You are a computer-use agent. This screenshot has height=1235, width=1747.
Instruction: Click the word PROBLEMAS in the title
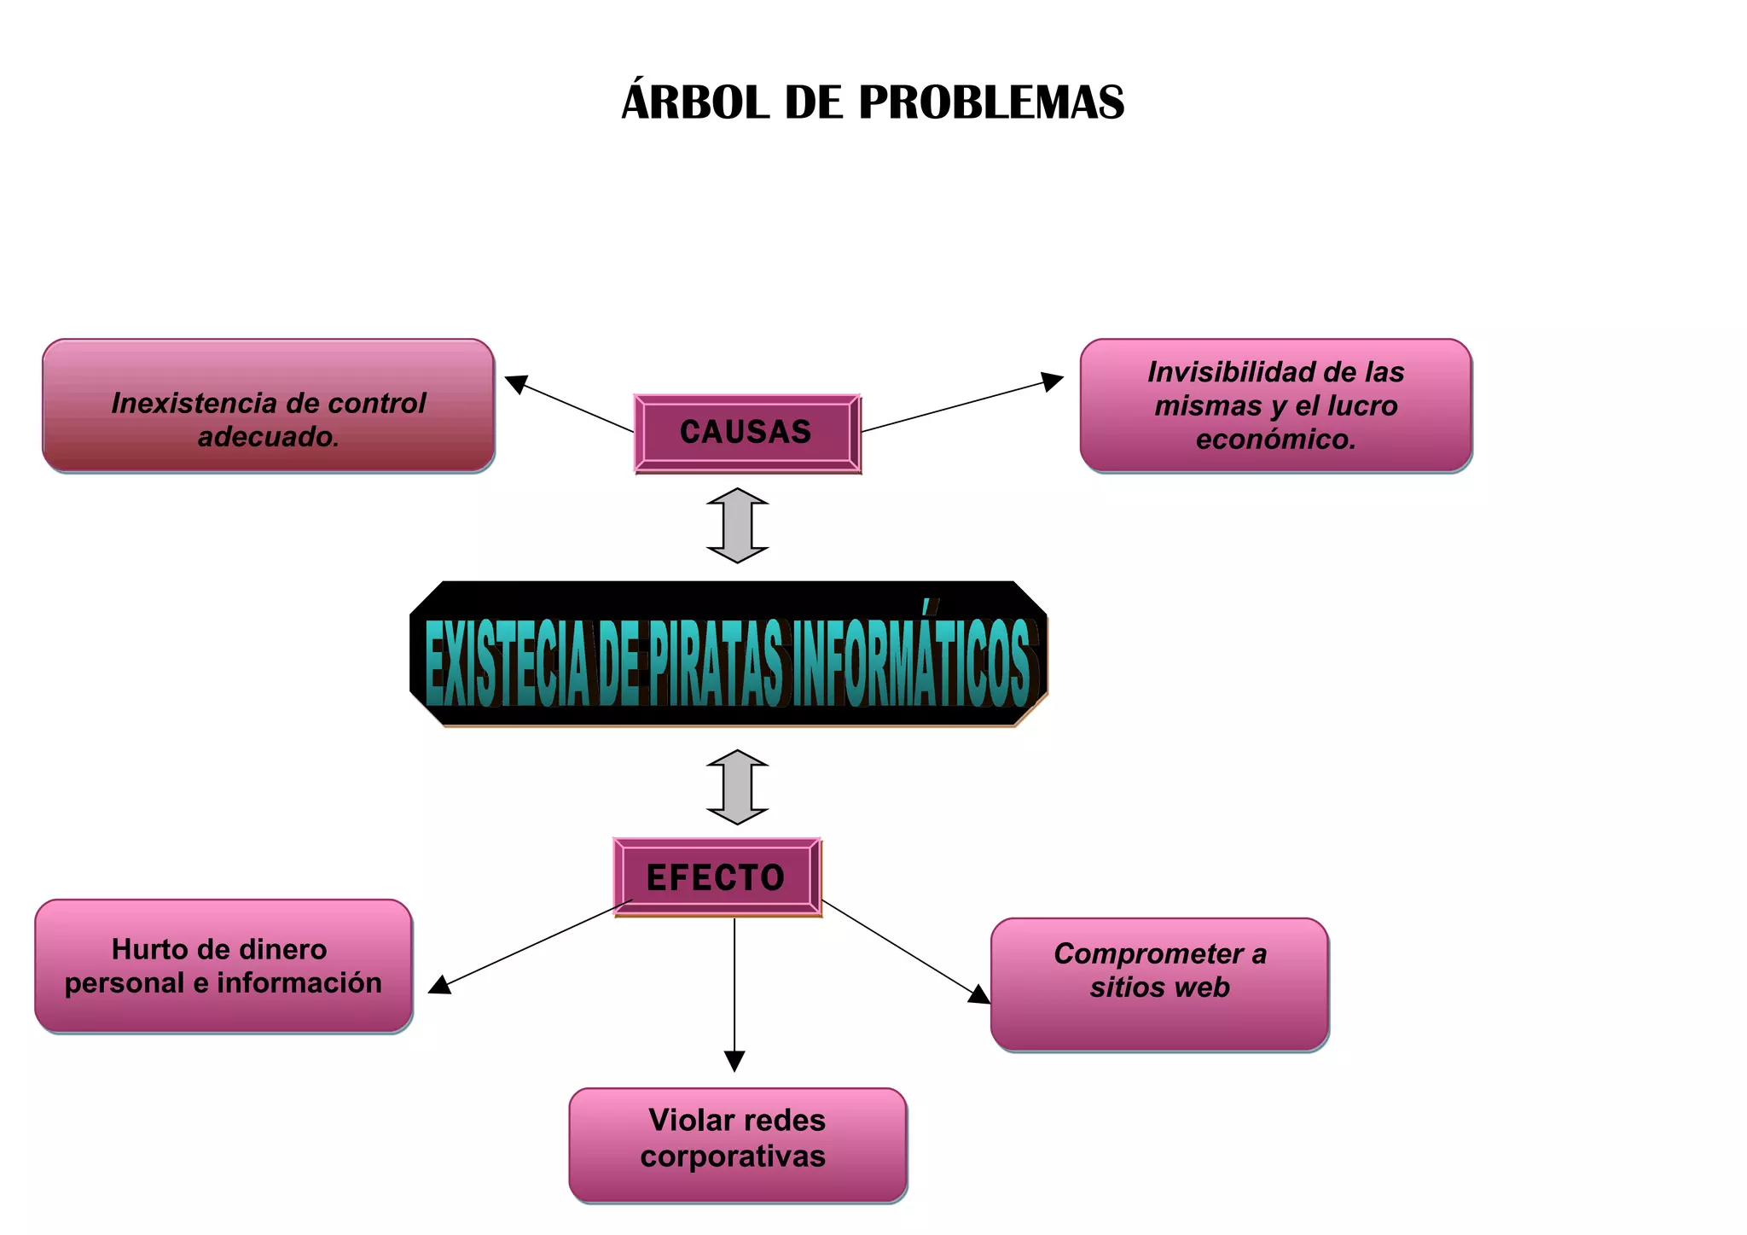[x=991, y=103]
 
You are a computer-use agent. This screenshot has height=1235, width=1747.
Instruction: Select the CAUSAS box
[x=746, y=433]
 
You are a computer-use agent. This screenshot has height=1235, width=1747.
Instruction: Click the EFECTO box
[x=717, y=877]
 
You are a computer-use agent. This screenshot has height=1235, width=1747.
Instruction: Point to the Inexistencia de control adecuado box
[x=269, y=405]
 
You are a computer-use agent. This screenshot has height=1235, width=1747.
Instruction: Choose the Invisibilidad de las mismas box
[x=1275, y=405]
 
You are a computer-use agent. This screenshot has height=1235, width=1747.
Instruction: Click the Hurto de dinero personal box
[x=223, y=966]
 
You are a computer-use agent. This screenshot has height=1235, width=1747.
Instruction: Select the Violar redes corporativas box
[x=737, y=1145]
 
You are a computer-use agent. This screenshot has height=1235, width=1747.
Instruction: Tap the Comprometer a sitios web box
[x=1159, y=984]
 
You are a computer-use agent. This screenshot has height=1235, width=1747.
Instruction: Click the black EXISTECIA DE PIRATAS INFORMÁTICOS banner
[x=728, y=655]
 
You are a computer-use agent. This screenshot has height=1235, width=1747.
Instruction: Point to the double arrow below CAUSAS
[x=738, y=526]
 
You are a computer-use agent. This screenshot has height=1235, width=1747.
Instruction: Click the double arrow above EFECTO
[x=738, y=787]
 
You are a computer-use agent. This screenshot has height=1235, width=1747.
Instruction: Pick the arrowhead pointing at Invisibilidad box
[x=1053, y=381]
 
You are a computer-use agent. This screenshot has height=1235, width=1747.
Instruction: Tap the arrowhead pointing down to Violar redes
[x=734, y=1061]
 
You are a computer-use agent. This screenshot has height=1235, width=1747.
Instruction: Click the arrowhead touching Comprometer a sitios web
[x=979, y=994]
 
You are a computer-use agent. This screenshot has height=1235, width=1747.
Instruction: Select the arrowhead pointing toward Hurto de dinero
[x=439, y=986]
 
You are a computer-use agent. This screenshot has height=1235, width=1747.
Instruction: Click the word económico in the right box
[x=1275, y=440]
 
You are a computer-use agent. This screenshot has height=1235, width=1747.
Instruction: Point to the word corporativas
[x=733, y=1156]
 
